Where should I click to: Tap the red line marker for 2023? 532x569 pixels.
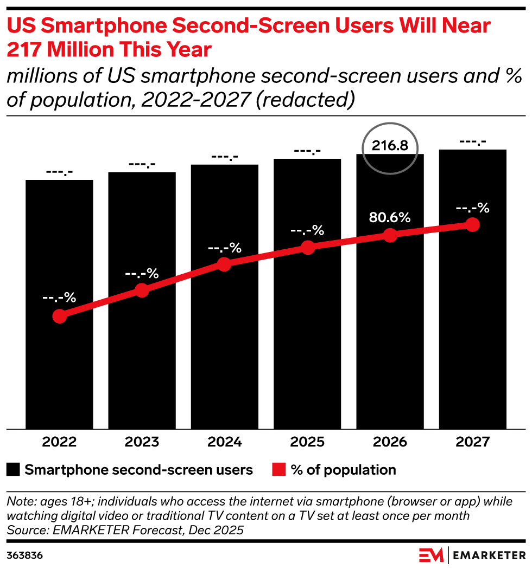point(142,290)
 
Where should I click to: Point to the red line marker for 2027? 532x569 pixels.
point(472,224)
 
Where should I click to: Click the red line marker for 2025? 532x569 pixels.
point(308,248)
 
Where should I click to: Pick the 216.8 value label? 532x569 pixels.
point(390,146)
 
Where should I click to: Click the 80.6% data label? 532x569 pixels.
point(390,218)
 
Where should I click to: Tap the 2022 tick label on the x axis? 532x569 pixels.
point(59,442)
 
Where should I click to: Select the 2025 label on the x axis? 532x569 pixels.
point(307,442)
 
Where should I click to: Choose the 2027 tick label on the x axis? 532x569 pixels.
point(472,442)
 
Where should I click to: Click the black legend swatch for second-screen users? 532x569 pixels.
point(14,469)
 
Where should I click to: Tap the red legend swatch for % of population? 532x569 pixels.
point(278,469)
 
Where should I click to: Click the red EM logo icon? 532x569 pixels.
point(431,555)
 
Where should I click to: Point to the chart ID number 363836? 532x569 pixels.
point(24,555)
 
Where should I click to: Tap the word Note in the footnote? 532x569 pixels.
point(19,501)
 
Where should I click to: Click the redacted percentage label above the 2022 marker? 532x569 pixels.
point(59,298)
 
